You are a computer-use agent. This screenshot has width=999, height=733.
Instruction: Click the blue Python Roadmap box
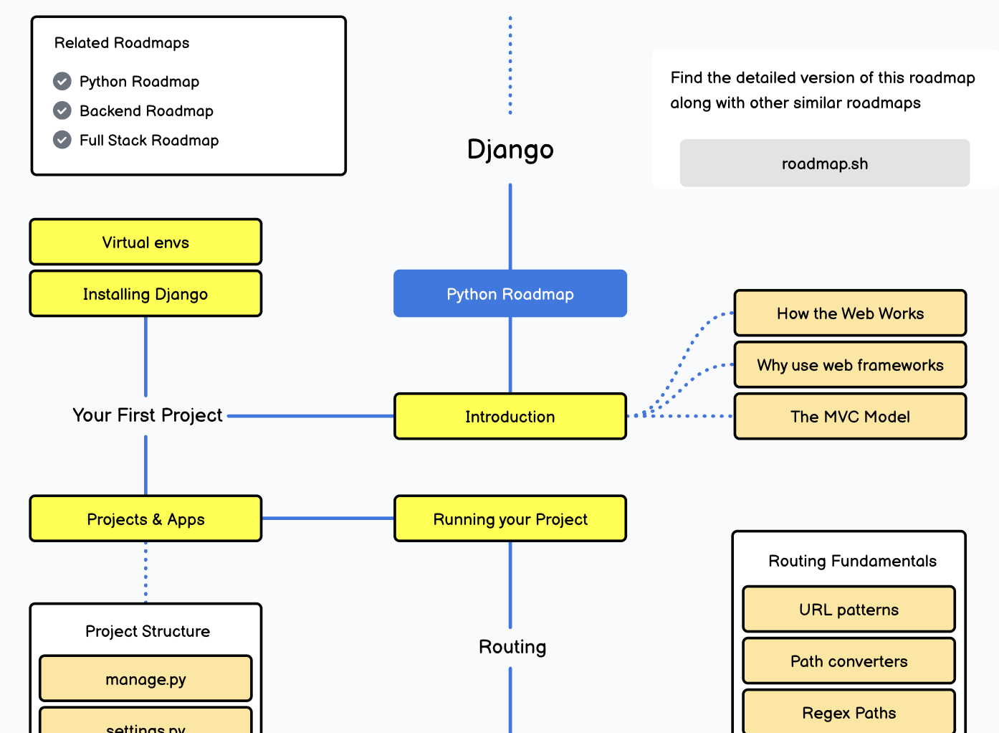click(510, 293)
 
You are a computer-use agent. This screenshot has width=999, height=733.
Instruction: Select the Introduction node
click(510, 416)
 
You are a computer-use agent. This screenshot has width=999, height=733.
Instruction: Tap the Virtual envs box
click(145, 242)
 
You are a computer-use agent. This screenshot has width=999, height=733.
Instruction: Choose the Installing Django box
click(145, 294)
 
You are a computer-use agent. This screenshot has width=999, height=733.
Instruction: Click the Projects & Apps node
click(145, 519)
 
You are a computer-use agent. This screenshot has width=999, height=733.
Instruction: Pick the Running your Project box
click(510, 519)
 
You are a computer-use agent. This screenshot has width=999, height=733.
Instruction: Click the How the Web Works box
click(850, 313)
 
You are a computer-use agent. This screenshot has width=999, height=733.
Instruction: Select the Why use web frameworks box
click(850, 365)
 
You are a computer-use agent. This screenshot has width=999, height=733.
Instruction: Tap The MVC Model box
click(850, 417)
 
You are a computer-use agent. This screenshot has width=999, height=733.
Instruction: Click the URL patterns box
click(849, 610)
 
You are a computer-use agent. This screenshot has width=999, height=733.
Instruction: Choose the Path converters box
click(849, 661)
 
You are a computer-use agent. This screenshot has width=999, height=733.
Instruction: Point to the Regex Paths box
click(849, 712)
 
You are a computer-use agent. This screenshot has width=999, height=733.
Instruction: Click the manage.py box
click(145, 678)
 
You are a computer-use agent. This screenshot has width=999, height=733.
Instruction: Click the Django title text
click(510, 149)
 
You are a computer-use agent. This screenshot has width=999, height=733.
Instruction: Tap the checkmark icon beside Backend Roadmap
click(62, 110)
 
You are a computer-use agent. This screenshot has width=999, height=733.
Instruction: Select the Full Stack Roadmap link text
click(149, 140)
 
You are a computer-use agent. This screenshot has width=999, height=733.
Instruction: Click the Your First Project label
click(148, 415)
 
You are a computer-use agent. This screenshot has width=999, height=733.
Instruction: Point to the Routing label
click(512, 647)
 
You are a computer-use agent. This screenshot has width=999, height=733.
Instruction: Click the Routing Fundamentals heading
click(852, 561)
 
